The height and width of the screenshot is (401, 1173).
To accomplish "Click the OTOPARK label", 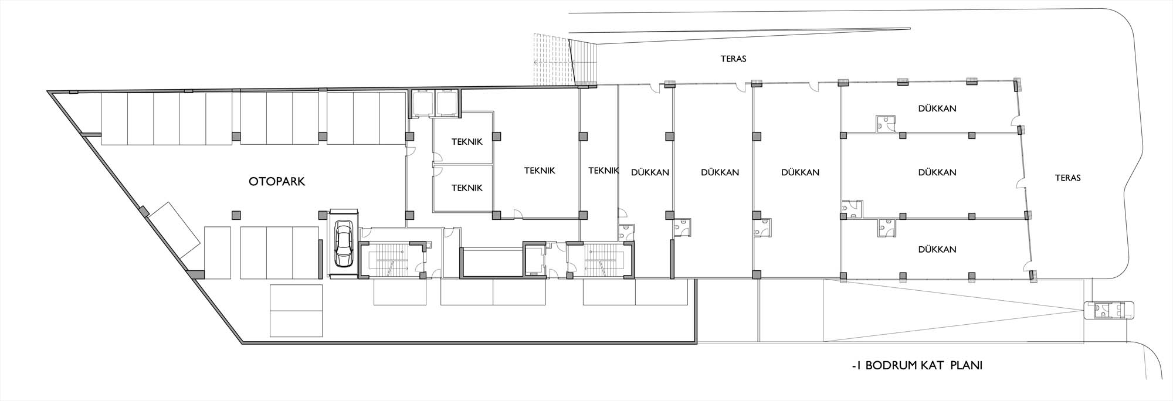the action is tap(277, 182).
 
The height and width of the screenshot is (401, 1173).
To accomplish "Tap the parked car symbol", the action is tap(343, 243).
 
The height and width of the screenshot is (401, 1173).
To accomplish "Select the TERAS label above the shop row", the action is tap(733, 59).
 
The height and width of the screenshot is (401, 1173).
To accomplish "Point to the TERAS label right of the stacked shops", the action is tap(1067, 178).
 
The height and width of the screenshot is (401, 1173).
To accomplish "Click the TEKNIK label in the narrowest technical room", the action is tap(604, 171).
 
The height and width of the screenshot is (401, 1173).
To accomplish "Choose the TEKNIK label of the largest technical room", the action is tap(540, 171).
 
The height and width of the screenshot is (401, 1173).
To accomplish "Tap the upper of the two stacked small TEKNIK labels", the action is tap(467, 142).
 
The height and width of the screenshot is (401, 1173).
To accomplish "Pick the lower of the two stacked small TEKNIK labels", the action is tap(467, 188).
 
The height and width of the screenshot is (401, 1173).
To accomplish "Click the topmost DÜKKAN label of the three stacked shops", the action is tap(937, 108).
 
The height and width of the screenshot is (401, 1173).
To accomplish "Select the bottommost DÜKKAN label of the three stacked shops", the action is tap(937, 249).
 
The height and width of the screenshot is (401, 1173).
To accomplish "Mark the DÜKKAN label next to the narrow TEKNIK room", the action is tap(650, 172).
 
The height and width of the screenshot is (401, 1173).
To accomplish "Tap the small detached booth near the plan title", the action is tap(1109, 310).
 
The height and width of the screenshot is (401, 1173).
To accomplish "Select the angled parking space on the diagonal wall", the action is tap(174, 230).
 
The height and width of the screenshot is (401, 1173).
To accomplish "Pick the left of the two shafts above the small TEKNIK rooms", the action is tap(423, 103).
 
